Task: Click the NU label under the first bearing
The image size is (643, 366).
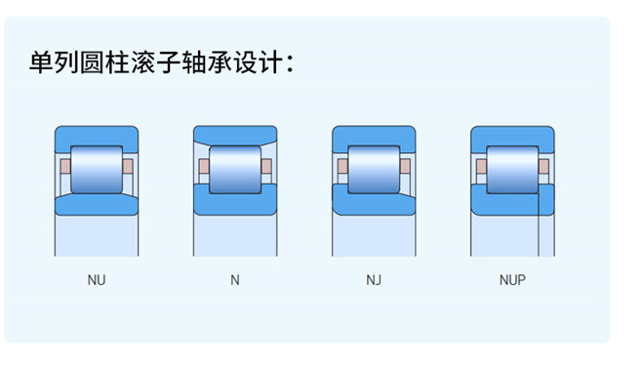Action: pyautogui.click(x=97, y=280)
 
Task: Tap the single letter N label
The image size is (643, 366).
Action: pyautogui.click(x=234, y=280)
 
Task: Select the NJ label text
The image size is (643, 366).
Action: pyautogui.click(x=374, y=280)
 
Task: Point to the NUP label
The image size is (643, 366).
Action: pyautogui.click(x=512, y=280)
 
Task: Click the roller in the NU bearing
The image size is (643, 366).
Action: pyautogui.click(x=96, y=167)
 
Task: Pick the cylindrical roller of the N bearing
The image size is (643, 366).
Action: pyautogui.click(x=234, y=167)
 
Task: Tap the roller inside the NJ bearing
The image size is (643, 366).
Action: pyautogui.click(x=374, y=167)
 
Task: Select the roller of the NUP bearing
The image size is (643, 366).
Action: pyautogui.click(x=512, y=167)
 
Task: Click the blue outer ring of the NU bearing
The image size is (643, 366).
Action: pyautogui.click(x=96, y=135)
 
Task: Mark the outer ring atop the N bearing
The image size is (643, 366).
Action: pyautogui.click(x=234, y=134)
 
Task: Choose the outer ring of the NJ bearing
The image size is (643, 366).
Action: pyautogui.click(x=374, y=135)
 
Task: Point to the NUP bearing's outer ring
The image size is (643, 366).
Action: pyautogui.click(x=512, y=135)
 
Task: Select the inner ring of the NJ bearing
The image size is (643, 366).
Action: pyautogui.click(x=374, y=203)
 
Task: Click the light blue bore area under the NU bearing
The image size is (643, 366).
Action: pyautogui.click(x=96, y=236)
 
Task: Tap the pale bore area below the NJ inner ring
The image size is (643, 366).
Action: pyautogui.click(x=374, y=236)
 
